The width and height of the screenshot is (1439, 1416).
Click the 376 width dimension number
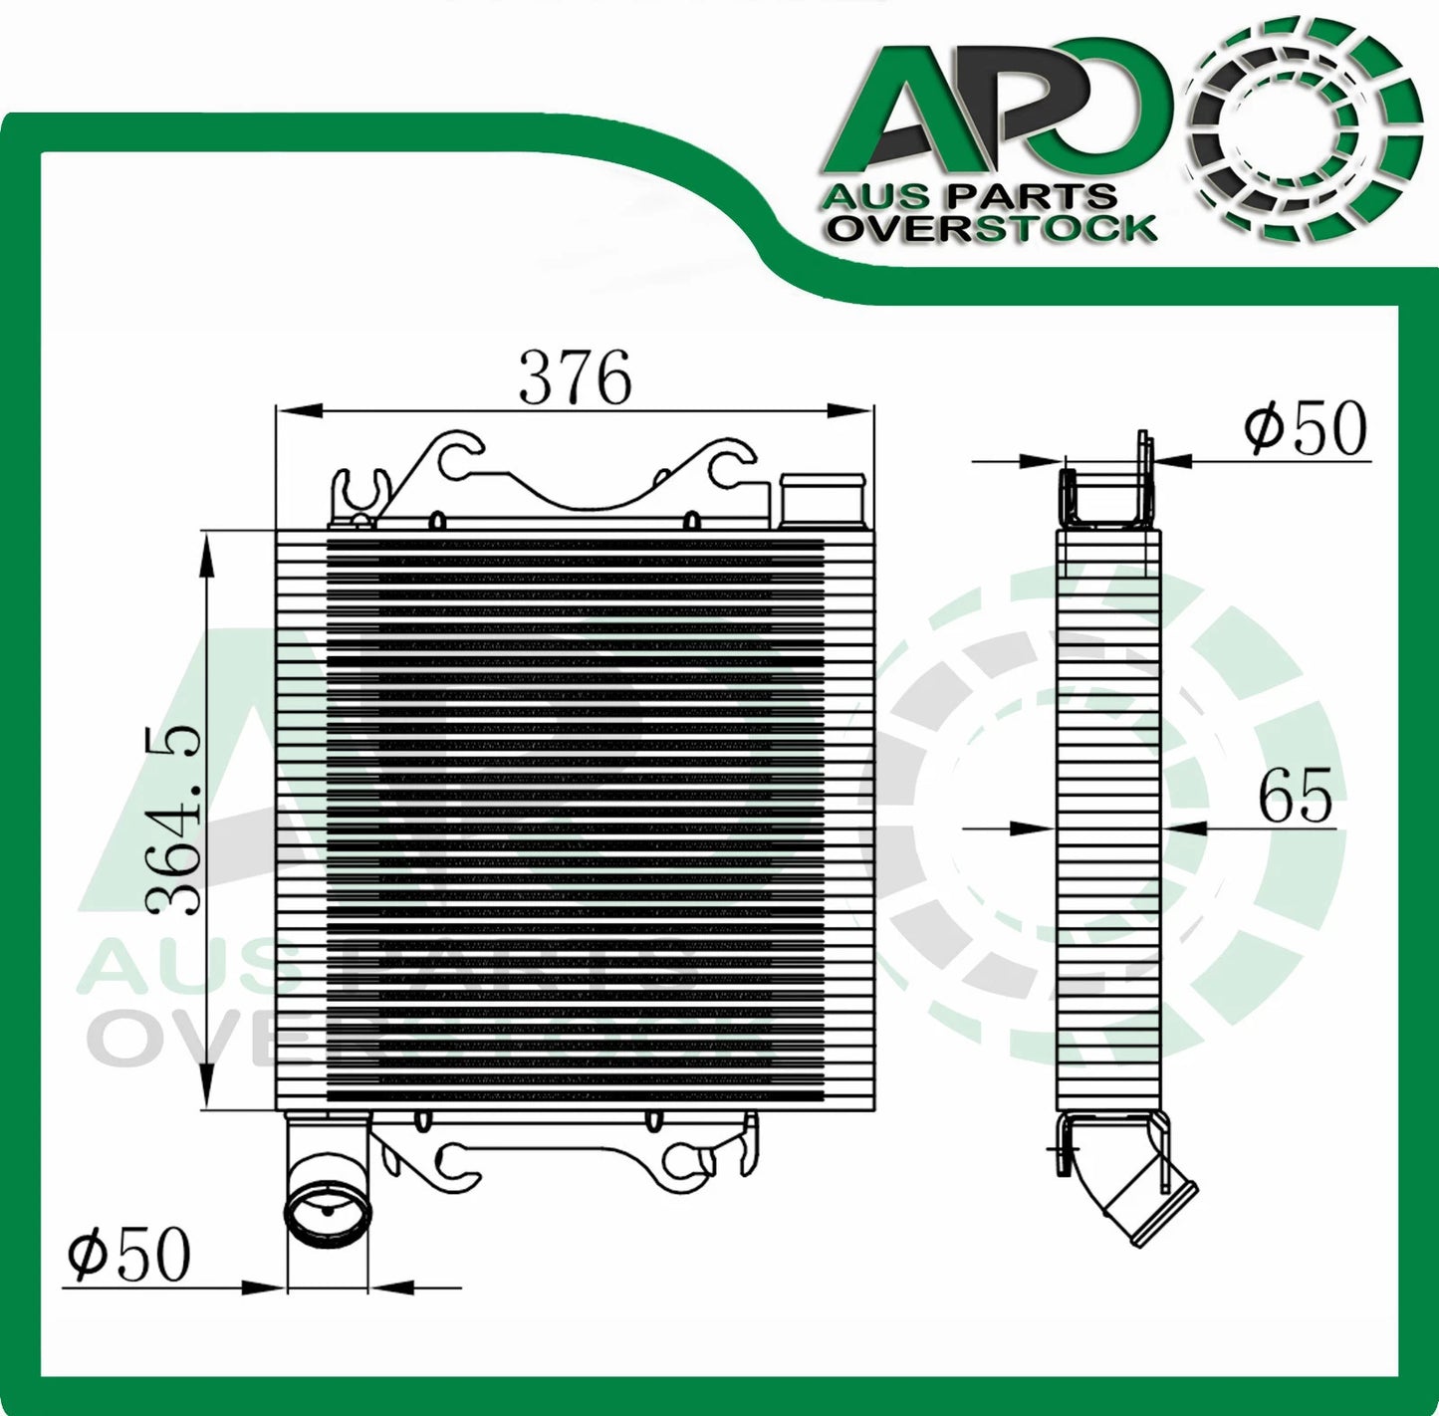click(576, 378)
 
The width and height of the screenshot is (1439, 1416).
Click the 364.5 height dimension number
click(173, 820)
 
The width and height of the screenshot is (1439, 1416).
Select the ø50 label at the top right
click(1306, 429)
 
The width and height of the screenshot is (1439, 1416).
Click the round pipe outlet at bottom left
click(328, 1208)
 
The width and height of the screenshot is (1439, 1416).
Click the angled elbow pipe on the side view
click(1145, 1195)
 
